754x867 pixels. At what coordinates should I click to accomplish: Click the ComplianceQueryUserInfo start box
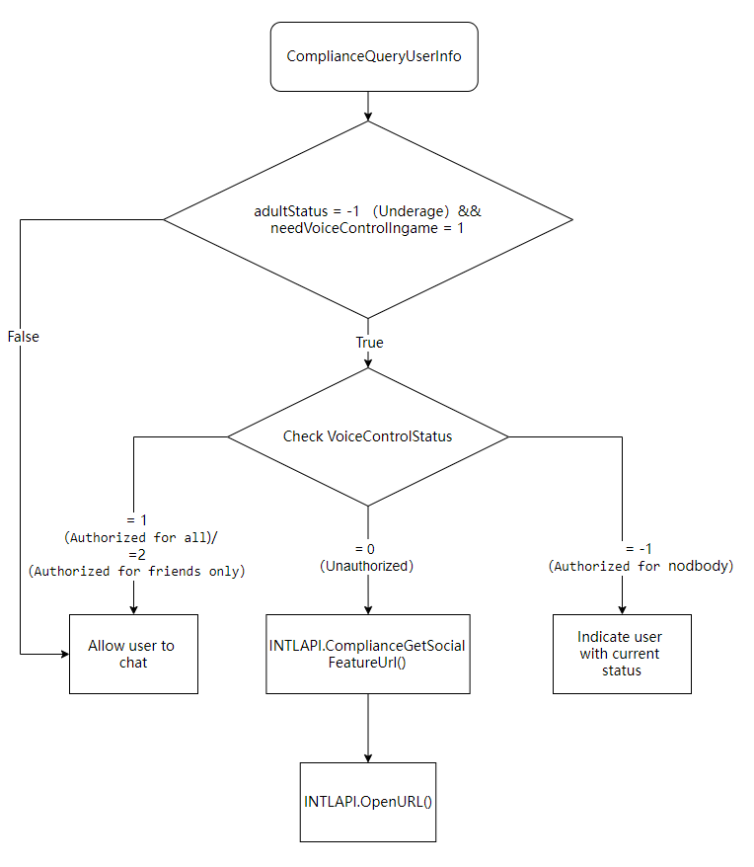367,56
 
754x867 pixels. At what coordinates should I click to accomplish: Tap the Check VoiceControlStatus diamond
367,435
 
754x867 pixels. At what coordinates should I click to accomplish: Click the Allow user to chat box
132,654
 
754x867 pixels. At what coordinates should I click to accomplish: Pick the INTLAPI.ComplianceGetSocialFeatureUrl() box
367,654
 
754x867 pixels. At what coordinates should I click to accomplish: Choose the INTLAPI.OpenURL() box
367,801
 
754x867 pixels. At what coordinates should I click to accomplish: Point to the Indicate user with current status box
621,654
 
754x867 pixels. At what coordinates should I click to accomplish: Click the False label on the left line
23,337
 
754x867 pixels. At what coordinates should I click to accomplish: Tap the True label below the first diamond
369,343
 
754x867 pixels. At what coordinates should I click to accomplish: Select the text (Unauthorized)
366,566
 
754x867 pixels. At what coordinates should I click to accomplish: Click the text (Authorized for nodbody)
641,566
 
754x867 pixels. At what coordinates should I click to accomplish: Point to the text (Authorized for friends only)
136,571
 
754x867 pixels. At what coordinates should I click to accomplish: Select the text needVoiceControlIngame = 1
367,228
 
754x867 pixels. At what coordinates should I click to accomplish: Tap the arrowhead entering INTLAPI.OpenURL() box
367,756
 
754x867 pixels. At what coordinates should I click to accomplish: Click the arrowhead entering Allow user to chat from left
62,654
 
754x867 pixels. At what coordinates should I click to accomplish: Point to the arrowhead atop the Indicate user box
622,608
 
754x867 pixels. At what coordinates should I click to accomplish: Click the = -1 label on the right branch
641,548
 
